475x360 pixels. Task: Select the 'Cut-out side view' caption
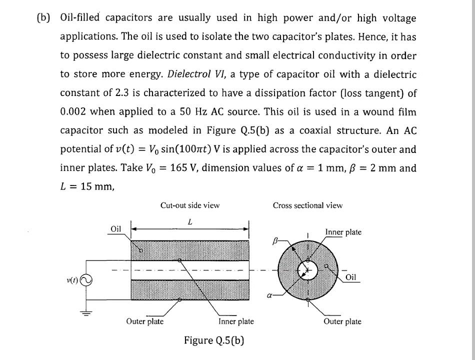pos(190,205)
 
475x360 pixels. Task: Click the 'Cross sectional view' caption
pos(307,205)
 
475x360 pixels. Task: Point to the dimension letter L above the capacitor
pos(190,220)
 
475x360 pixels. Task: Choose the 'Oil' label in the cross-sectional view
pos(351,277)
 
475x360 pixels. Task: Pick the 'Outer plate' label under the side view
pos(145,321)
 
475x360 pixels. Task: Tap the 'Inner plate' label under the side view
pos(236,321)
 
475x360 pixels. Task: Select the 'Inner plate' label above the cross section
pos(343,232)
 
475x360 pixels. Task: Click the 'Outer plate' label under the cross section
pos(342,321)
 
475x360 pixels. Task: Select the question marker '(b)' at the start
pos(44,18)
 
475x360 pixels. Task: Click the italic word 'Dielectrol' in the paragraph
pos(190,74)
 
